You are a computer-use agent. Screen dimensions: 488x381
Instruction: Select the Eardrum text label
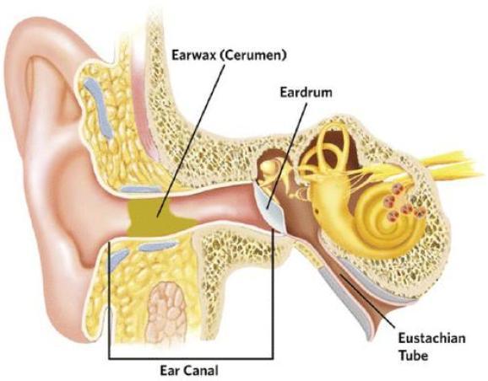(306, 92)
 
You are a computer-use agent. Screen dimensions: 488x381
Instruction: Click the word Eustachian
(432, 338)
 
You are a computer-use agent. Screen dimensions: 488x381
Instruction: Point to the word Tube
(414, 355)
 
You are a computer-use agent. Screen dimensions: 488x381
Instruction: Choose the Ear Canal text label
(189, 370)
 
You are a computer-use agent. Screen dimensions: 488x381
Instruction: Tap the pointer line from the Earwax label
(191, 141)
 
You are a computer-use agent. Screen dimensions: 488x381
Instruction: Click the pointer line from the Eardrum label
(287, 156)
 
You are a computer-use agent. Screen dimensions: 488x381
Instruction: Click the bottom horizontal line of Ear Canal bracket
(191, 358)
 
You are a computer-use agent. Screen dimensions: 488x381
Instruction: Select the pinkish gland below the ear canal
(166, 313)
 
